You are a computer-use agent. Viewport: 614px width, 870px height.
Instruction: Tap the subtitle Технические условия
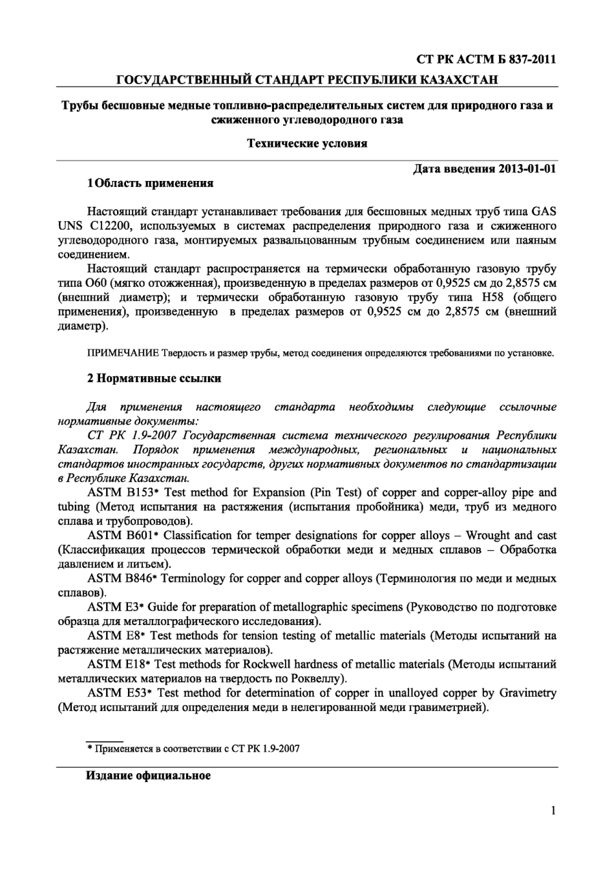pos(307,143)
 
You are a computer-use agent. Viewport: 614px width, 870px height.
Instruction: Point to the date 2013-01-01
pos(527,169)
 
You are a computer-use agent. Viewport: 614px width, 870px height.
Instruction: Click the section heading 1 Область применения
pos(151,183)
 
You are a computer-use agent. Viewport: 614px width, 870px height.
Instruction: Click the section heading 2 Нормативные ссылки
pos(154,378)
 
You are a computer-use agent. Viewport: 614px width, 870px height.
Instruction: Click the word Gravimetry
pos(527,693)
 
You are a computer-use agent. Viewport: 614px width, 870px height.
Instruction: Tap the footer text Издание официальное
pos(149,776)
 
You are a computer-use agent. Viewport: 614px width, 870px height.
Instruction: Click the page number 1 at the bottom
pos(553,811)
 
